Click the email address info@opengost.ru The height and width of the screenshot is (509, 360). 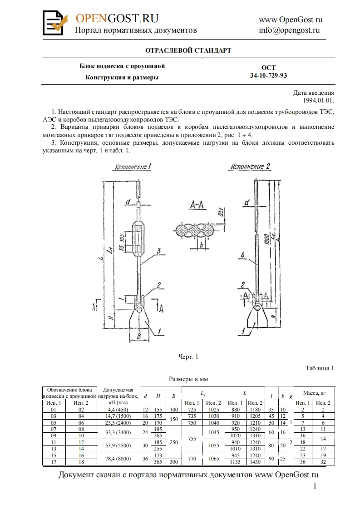pos(289,30)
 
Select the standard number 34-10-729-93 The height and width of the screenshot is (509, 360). pos(268,75)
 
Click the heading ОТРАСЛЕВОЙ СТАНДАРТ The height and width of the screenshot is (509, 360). pos(188,50)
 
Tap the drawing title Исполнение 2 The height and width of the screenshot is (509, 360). pos(250,166)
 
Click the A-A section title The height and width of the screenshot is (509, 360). pos(197,206)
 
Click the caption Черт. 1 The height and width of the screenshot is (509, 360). pos(188,357)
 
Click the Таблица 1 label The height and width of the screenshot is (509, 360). pos(320,368)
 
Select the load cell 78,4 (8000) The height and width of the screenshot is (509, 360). pos(118,459)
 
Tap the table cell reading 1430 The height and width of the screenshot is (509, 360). pos(255,462)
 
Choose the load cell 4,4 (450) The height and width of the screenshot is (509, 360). pos(118,410)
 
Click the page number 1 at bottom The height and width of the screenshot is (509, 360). pos(315,487)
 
